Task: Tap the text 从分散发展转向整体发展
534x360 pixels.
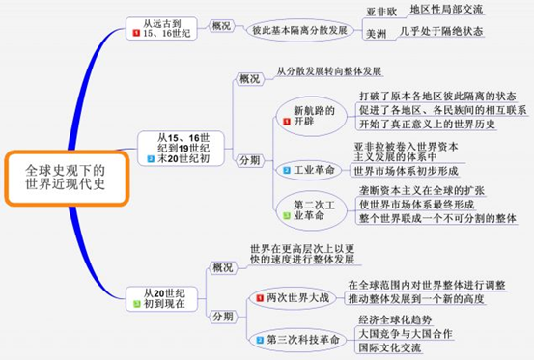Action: click(327, 72)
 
